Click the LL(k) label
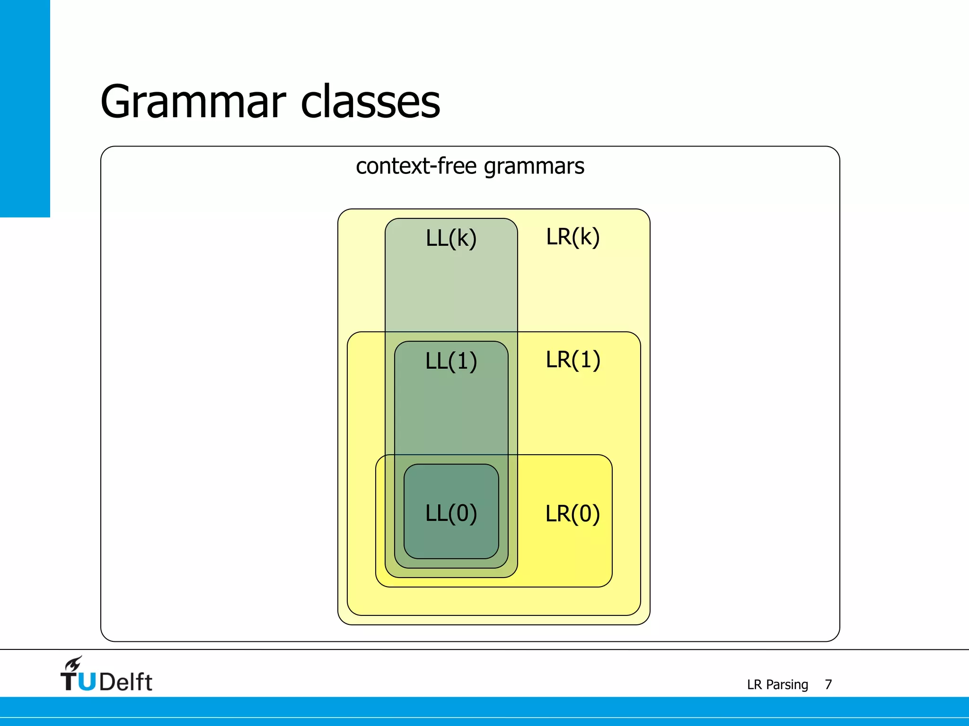point(451,238)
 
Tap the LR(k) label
point(573,237)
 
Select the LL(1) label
point(451,361)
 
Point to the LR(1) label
point(573,360)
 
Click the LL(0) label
point(451,513)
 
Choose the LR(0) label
point(573,514)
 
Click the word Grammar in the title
point(193,102)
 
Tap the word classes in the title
point(370,102)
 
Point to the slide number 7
point(828,684)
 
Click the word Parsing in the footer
point(787,685)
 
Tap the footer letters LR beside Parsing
point(754,684)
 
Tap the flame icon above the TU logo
point(74,664)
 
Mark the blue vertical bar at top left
point(25,108)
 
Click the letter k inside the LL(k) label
point(463,238)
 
